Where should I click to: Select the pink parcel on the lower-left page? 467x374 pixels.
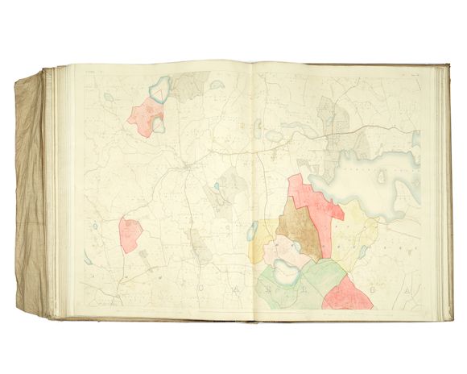pyautogui.click(x=130, y=233)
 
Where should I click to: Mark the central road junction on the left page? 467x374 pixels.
pyautogui.click(x=186, y=166)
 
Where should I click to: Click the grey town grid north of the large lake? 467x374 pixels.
pyautogui.click(x=330, y=121)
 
